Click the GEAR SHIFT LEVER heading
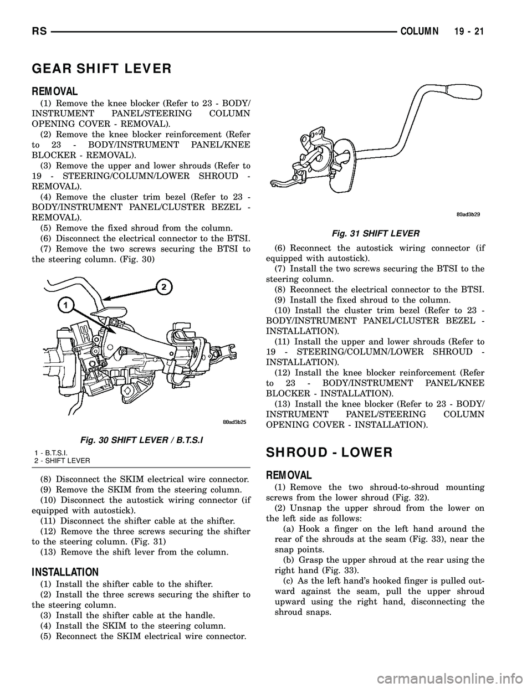tap(101, 69)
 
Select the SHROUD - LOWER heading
tap(329, 452)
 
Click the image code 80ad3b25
tap(231, 422)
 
